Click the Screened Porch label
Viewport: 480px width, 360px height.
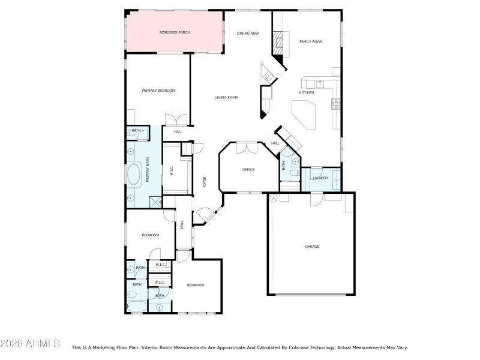(x=175, y=32)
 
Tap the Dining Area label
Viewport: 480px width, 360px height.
(x=248, y=34)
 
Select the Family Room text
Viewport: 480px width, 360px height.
(x=311, y=41)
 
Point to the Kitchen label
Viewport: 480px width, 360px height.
(x=307, y=92)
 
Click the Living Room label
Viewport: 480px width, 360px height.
(x=226, y=97)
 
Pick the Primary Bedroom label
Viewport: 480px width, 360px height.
(x=158, y=91)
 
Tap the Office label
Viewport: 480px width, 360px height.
(x=248, y=169)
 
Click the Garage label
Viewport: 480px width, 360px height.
(x=312, y=247)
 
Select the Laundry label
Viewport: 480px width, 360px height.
(x=320, y=178)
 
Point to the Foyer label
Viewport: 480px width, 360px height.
(x=205, y=182)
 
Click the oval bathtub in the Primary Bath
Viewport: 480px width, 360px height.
(x=133, y=174)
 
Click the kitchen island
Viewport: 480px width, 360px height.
(x=304, y=115)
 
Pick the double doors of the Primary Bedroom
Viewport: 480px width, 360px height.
(x=176, y=119)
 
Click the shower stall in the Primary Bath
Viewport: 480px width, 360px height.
(x=155, y=202)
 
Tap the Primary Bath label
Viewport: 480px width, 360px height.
(x=147, y=170)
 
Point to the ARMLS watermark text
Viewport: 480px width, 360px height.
(x=30, y=343)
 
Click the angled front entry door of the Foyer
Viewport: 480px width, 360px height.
(x=209, y=216)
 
